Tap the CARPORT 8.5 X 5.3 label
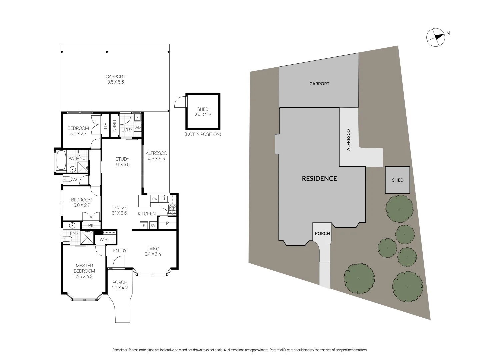[x=115, y=79]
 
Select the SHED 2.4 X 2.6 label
[x=203, y=112]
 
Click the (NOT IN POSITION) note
[x=203, y=134]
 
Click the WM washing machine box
[x=138, y=128]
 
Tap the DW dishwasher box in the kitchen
[x=154, y=199]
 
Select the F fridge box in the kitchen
[x=144, y=225]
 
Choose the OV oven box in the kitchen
[x=153, y=225]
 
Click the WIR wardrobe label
[x=103, y=239]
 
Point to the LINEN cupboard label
[x=114, y=126]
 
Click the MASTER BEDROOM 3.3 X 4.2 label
[x=84, y=271]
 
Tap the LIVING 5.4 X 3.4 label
[x=153, y=251]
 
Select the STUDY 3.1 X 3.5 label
[x=122, y=162]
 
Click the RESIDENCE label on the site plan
[x=319, y=178]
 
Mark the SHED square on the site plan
[x=397, y=180]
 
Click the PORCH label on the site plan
[x=322, y=233]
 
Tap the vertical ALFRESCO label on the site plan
[x=348, y=140]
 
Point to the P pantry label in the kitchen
[x=167, y=223]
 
